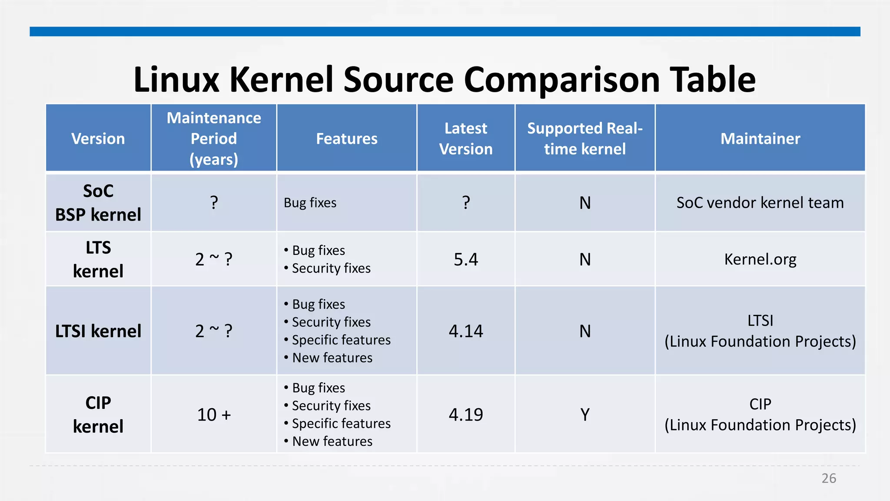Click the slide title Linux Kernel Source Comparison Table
pos(444,80)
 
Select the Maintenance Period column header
pos(214,138)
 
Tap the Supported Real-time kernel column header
pos(584,138)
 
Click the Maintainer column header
pos(760,138)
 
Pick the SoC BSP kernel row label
pos(98,203)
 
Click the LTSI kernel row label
pos(98,331)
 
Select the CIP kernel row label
pos(98,414)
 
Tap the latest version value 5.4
pos(465,260)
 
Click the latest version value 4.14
pos(465,331)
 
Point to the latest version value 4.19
pos(465,414)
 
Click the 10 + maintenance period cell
pos(214,414)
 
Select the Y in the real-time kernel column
pos(585,414)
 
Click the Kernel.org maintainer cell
pos(760,259)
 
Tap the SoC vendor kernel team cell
pos(760,203)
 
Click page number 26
pos(828,478)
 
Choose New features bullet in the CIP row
pos(332,441)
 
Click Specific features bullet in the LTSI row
pos(341,340)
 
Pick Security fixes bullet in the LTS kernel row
pos(331,268)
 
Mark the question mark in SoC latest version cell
pos(466,203)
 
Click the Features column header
pos(346,138)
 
